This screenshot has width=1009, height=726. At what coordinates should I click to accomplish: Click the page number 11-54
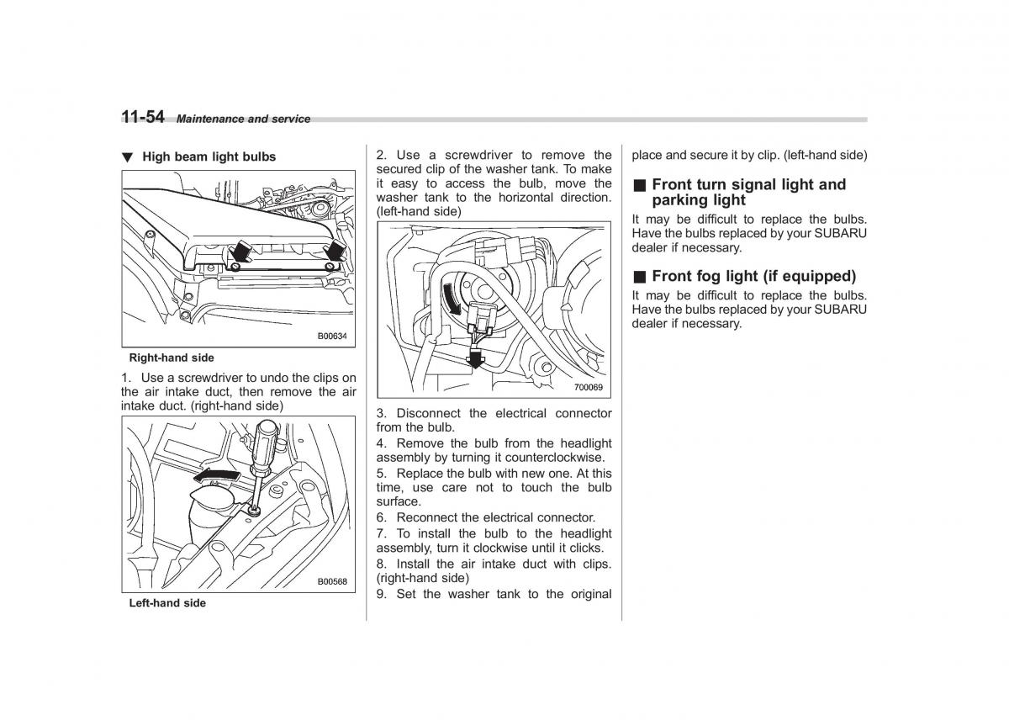pyautogui.click(x=142, y=117)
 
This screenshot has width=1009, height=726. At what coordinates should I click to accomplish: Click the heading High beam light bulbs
pyautogui.click(x=209, y=156)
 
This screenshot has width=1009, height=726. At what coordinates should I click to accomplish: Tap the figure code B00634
pyautogui.click(x=332, y=336)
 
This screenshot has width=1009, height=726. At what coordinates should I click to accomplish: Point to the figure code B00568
pyautogui.click(x=332, y=581)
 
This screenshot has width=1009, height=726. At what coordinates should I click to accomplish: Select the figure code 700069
pyautogui.click(x=589, y=387)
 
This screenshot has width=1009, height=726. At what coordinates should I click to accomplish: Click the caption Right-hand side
pyautogui.click(x=172, y=358)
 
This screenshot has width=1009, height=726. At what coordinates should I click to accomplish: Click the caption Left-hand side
pyautogui.click(x=167, y=603)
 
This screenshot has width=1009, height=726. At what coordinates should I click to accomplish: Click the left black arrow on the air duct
pyautogui.click(x=241, y=250)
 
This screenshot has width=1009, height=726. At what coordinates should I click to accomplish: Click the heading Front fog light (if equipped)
pyautogui.click(x=753, y=276)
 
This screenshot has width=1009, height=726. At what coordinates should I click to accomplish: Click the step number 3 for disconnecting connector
pyautogui.click(x=381, y=413)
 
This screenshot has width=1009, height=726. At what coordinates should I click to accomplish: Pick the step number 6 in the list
pyautogui.click(x=381, y=517)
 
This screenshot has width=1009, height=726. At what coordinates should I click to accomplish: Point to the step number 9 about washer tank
pyautogui.click(x=381, y=594)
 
